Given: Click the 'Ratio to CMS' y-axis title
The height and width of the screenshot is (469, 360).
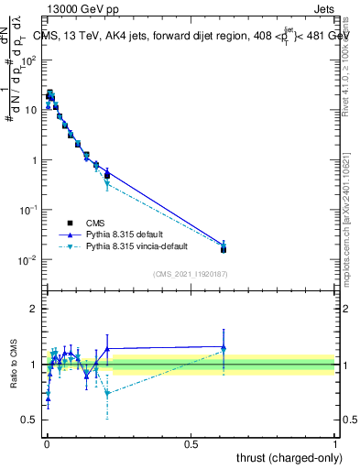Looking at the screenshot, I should (16, 365).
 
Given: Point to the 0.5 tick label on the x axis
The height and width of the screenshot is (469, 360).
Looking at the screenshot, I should (191, 443).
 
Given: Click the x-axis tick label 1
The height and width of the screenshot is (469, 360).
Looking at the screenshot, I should (335, 443).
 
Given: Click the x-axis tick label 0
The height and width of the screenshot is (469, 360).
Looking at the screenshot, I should (46, 443).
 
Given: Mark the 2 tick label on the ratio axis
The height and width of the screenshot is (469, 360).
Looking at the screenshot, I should (33, 309).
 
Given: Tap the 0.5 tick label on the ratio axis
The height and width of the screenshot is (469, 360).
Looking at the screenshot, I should (29, 420).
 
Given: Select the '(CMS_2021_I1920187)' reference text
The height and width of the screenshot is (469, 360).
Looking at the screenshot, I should (190, 273).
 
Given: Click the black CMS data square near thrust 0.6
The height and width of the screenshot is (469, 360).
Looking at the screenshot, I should (224, 248).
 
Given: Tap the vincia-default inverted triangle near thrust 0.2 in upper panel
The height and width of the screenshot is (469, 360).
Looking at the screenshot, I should (107, 184).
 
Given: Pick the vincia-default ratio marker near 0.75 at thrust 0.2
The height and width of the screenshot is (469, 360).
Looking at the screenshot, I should (107, 393).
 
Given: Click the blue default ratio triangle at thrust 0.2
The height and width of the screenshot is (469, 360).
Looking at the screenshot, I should (107, 349).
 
